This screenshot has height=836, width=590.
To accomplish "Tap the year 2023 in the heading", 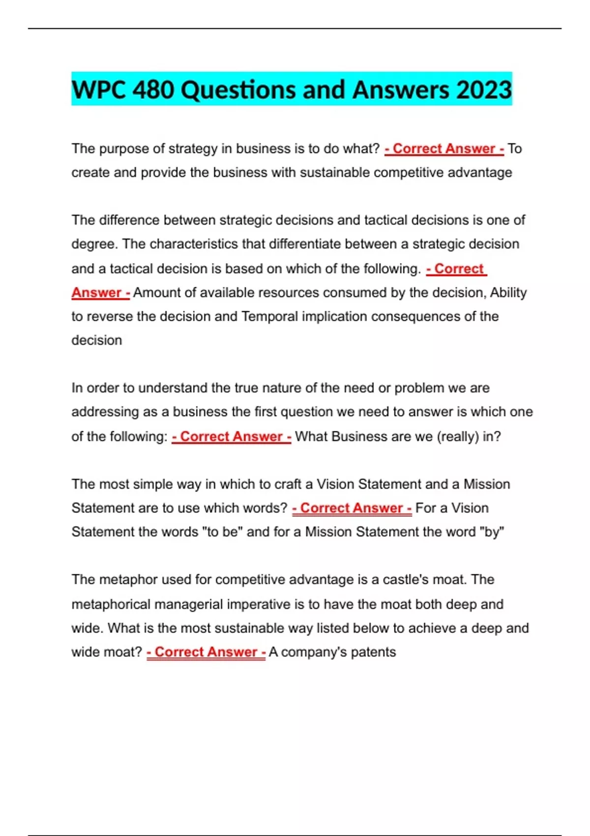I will click(x=484, y=90).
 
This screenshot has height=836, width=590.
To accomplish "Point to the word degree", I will click(x=94, y=244).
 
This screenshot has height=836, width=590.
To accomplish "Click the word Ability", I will click(x=508, y=293).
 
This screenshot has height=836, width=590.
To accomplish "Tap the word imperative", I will click(x=259, y=604).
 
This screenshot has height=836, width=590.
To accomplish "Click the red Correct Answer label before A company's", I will click(x=206, y=652).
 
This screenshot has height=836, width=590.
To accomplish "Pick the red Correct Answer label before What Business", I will click(x=231, y=437).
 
